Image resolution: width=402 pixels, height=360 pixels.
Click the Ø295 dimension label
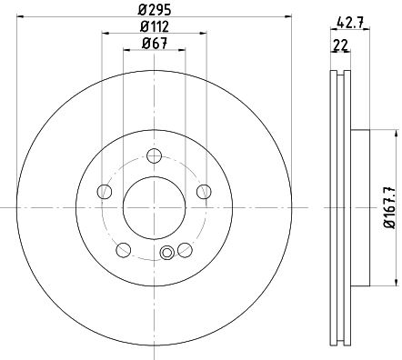click(x=155, y=10)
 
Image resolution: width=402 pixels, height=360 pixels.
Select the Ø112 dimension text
click(x=154, y=27)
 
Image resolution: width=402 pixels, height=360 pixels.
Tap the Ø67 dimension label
click(x=155, y=44)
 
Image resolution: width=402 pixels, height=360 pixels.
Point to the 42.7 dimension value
click(x=350, y=24)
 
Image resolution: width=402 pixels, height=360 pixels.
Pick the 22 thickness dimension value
click(x=340, y=45)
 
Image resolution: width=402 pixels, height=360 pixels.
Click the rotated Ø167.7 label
click(x=390, y=207)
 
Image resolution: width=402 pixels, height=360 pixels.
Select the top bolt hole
click(x=154, y=155)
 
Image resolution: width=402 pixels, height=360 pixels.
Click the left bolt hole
click(x=105, y=192)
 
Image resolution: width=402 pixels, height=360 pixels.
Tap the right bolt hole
click(x=204, y=192)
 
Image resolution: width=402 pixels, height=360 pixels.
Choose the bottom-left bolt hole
click(x=124, y=250)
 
